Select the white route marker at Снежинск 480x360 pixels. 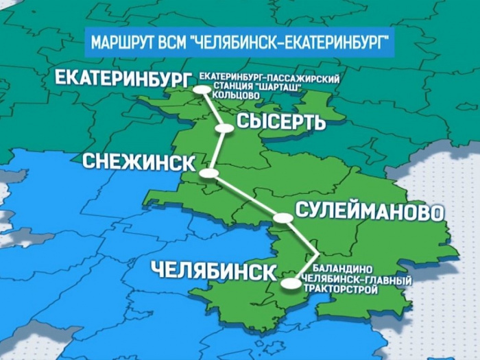[x=209, y=174]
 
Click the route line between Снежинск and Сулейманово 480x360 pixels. [x=246, y=196]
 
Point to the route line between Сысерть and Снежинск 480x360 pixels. [x=217, y=151]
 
